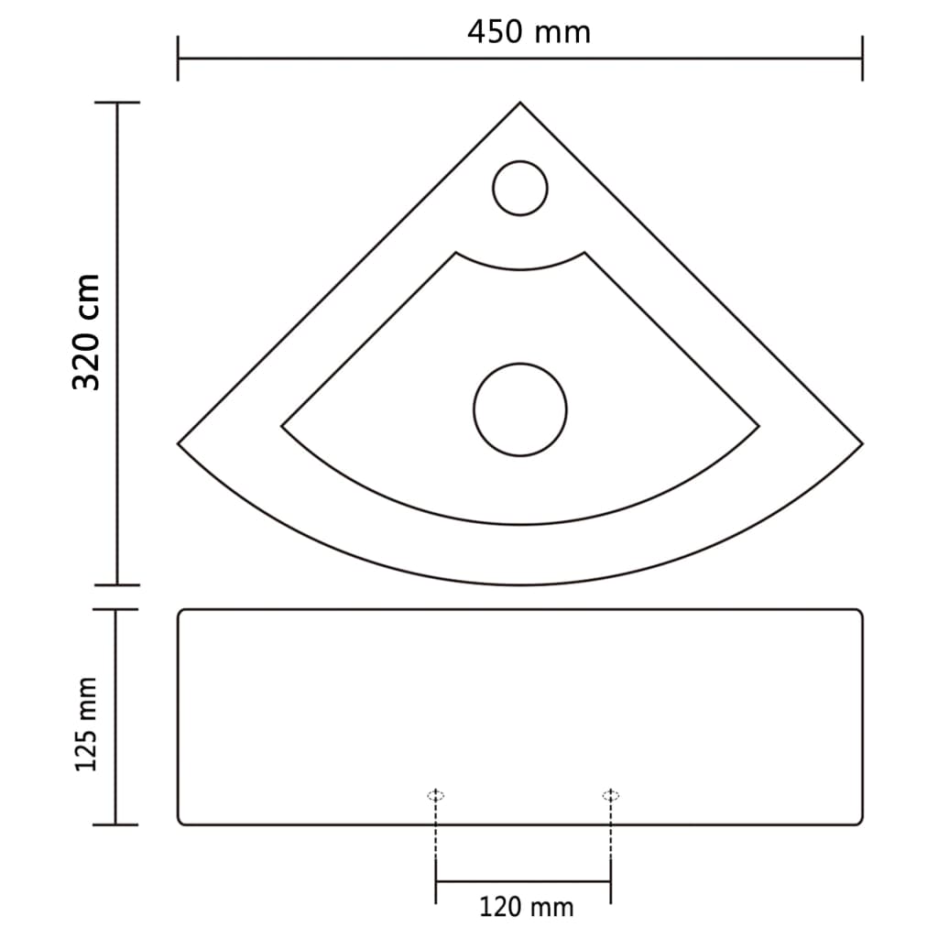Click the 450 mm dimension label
coord(529,31)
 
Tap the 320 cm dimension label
coord(86,332)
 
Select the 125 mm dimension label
coord(86,724)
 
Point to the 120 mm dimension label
coord(526,907)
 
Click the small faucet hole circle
coord(520,189)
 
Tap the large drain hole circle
coord(520,409)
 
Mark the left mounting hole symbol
coord(436,795)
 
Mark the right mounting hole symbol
coord(610,795)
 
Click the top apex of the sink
coord(520,104)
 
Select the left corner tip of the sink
coord(180,444)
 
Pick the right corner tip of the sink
coord(861,444)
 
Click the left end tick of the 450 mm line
coord(178,59)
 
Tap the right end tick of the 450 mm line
coord(862,59)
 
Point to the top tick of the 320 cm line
coord(116,103)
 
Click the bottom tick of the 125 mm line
coord(116,824)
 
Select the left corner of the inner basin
coord(282,427)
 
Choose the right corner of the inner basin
coord(758,427)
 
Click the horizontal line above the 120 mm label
coord(523,881)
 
